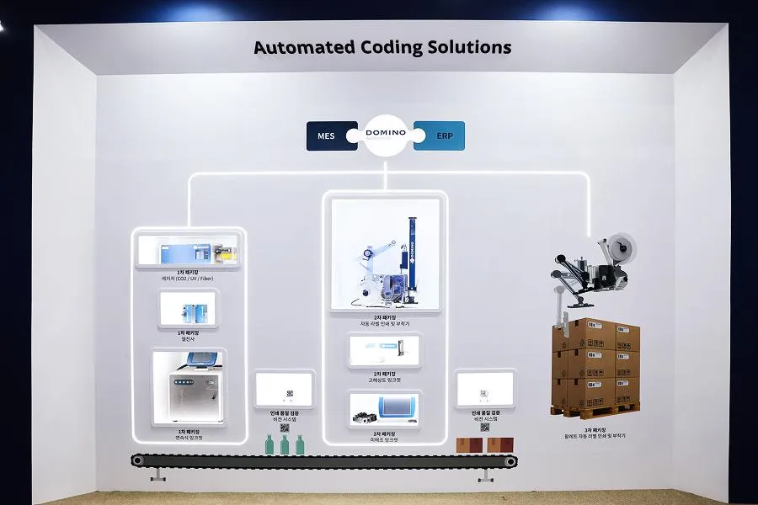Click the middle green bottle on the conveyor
tap(284, 444)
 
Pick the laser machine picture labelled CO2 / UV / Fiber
tap(189, 250)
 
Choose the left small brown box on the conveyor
tap(465, 444)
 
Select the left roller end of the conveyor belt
tap(137, 460)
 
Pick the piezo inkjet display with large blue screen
tap(384, 408)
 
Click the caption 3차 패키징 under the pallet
tap(595, 429)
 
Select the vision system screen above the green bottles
tap(285, 390)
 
